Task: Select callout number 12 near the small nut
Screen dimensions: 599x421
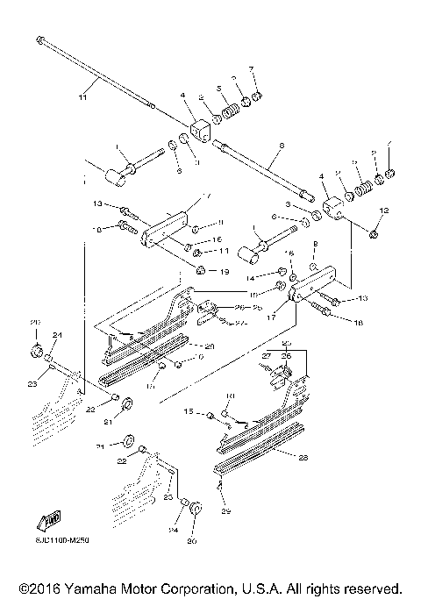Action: pyautogui.click(x=383, y=210)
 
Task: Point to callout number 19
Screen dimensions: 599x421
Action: pyautogui.click(x=224, y=272)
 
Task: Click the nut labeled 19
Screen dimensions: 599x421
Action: pyautogui.click(x=200, y=268)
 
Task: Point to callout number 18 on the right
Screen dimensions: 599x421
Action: pyautogui.click(x=357, y=324)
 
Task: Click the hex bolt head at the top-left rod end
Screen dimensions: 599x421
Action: pyautogui.click(x=41, y=39)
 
